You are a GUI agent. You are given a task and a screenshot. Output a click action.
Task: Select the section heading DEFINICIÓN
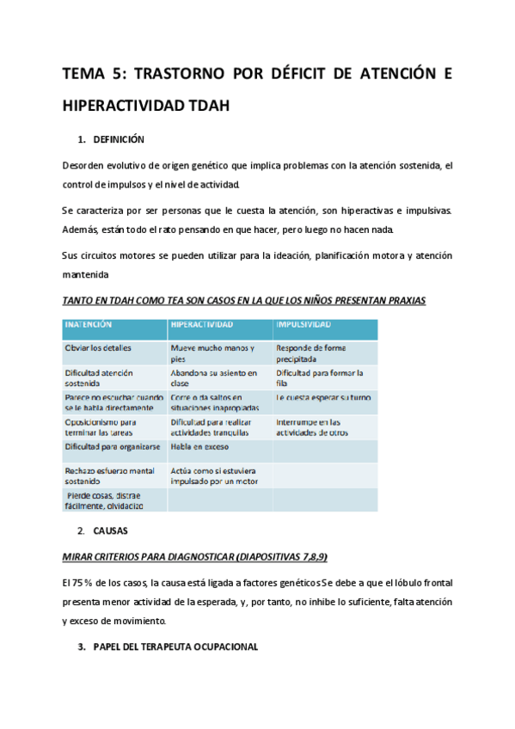click(x=119, y=139)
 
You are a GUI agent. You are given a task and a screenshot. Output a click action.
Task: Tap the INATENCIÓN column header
click(x=88, y=324)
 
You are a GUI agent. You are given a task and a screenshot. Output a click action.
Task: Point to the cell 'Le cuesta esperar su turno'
click(x=322, y=398)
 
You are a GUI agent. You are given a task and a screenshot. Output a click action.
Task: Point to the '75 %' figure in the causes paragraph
click(x=84, y=582)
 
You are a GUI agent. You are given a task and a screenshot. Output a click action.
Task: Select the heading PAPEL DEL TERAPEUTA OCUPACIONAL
click(x=175, y=646)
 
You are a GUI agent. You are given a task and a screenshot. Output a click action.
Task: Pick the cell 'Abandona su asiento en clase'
click(x=214, y=377)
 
